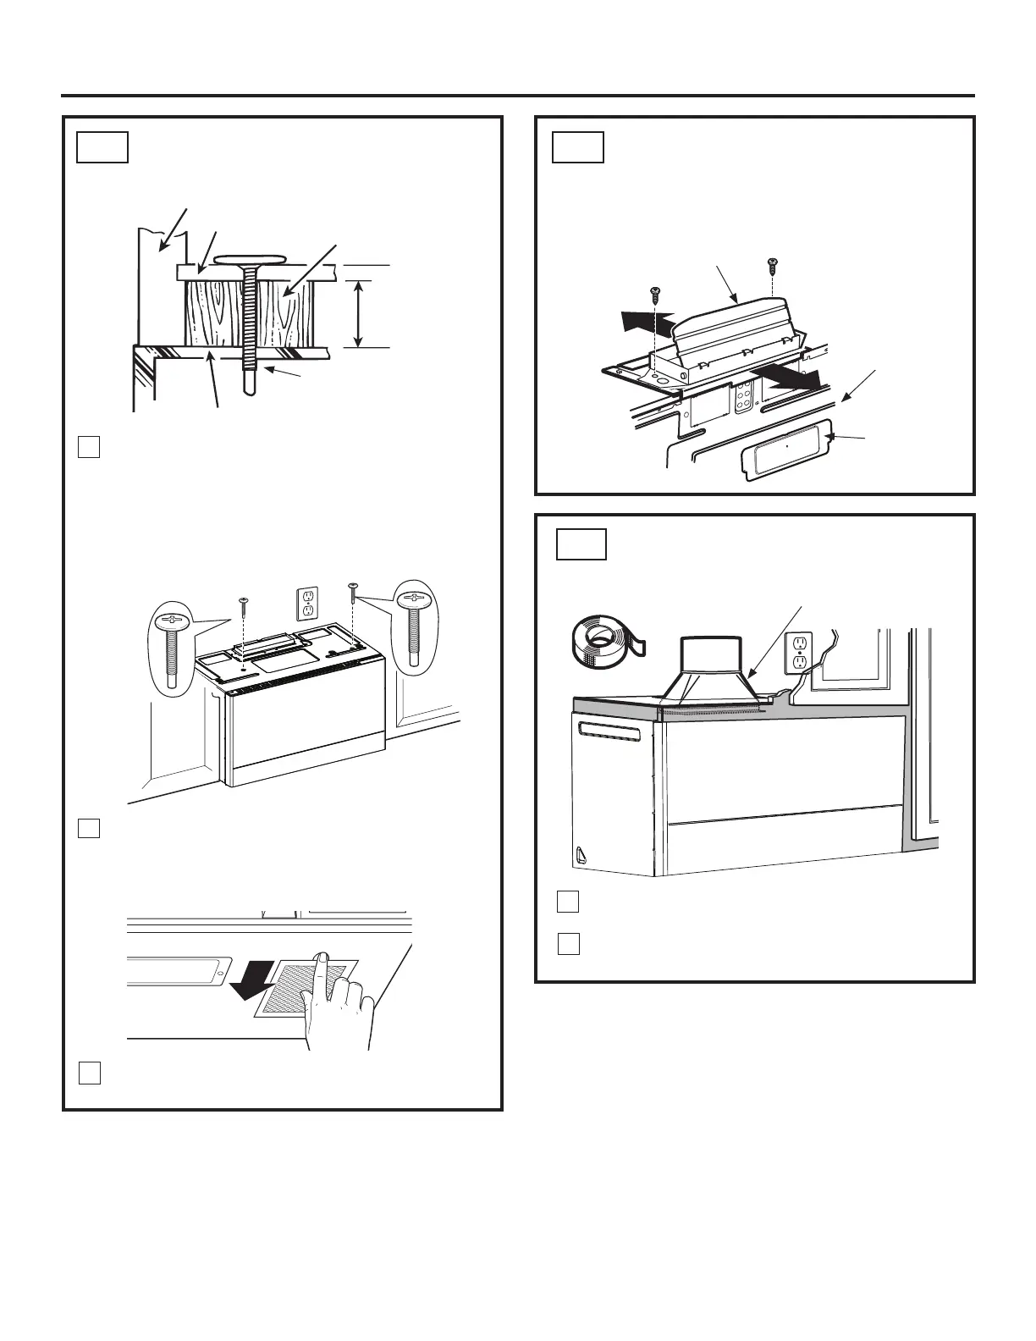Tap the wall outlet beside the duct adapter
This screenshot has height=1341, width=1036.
[x=798, y=652]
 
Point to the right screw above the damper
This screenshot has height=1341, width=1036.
[x=772, y=266]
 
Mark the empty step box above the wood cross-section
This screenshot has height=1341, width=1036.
[x=102, y=146]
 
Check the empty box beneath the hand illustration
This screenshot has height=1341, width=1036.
[x=91, y=1073]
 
